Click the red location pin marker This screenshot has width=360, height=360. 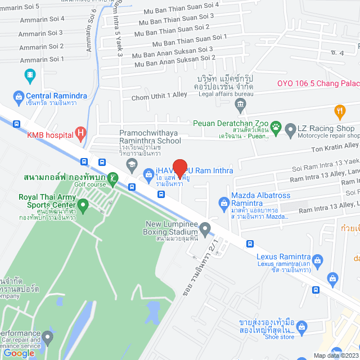(179, 168)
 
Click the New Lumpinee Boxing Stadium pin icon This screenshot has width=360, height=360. (205, 228)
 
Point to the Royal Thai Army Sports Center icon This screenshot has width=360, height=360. (83, 206)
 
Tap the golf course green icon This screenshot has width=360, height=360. (112, 179)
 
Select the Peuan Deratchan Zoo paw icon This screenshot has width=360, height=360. (276, 127)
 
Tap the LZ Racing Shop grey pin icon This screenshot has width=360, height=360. (290, 131)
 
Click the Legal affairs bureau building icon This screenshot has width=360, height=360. (241, 103)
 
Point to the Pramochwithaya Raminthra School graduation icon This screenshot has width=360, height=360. (132, 164)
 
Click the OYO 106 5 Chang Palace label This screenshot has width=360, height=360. (318, 83)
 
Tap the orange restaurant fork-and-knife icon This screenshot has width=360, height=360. (339, 110)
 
